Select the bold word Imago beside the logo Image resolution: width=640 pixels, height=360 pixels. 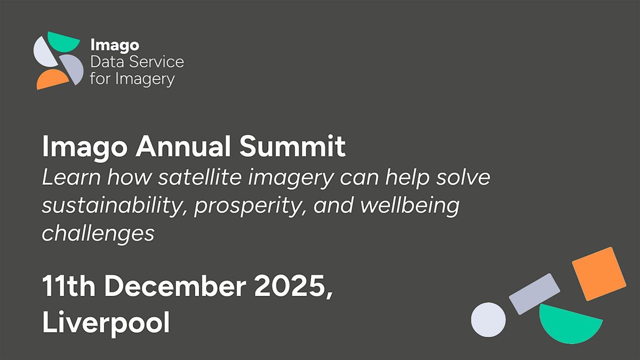[x=115, y=45]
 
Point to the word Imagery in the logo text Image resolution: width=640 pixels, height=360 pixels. [x=145, y=79]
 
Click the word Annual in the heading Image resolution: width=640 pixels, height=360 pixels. [x=183, y=146]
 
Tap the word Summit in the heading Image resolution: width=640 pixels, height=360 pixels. [x=292, y=146]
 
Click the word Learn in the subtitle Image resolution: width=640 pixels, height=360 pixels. [x=71, y=177]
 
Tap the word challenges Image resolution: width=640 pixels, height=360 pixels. [x=98, y=234]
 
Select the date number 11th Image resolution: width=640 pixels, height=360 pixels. [x=69, y=286]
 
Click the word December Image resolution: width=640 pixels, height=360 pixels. [x=175, y=286]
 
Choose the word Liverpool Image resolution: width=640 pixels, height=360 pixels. [x=106, y=323]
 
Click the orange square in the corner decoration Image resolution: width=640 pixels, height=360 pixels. [x=599, y=274]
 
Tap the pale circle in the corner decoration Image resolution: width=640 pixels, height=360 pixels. [x=489, y=319]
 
